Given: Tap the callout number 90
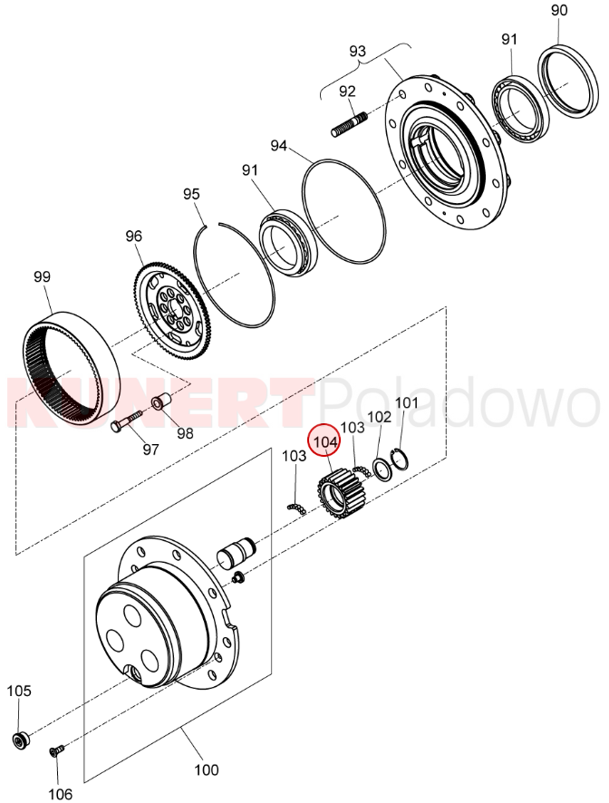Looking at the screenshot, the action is [x=559, y=10].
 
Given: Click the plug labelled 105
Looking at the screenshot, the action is [x=21, y=740].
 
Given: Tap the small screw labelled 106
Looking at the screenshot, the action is [x=56, y=750].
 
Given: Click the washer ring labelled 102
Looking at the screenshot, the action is [x=381, y=469].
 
